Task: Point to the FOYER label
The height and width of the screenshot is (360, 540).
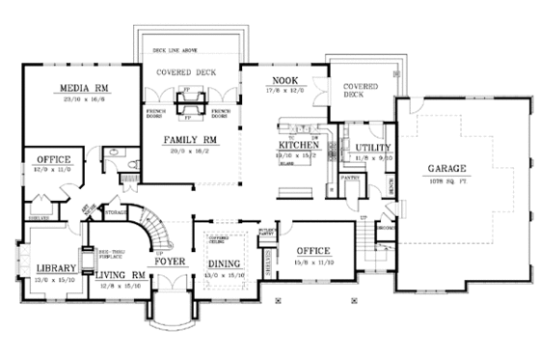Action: pos(171,262)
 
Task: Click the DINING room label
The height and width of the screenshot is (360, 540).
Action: pos(224,262)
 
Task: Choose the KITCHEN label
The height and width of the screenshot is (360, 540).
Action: pos(297,142)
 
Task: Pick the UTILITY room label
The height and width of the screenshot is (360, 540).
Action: pos(371,147)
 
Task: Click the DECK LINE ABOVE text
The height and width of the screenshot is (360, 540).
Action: pos(173,47)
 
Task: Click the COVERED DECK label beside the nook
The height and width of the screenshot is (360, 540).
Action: pos(359,91)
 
